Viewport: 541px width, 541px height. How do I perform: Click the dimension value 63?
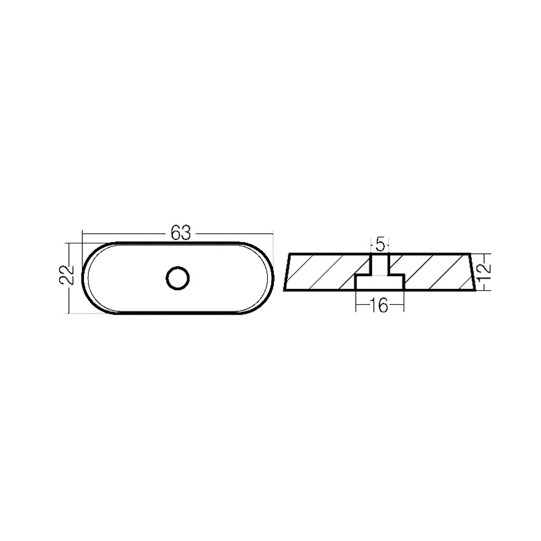click(179, 234)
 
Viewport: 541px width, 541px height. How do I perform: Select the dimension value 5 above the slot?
click(380, 243)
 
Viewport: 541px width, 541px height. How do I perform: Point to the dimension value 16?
click(379, 306)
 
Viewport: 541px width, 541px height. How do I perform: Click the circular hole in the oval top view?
click(178, 277)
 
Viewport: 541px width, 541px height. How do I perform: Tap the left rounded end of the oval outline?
click(83, 277)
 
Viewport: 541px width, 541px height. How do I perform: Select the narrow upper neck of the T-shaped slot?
click(380, 264)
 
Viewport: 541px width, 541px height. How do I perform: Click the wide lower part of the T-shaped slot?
click(380, 283)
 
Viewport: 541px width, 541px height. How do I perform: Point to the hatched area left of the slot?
click(325, 272)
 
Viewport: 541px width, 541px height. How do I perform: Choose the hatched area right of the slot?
click(433, 272)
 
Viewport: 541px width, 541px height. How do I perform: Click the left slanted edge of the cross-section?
click(288, 273)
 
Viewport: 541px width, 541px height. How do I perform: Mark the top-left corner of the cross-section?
click(291, 254)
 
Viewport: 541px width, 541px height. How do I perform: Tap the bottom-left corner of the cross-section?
click(285, 291)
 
